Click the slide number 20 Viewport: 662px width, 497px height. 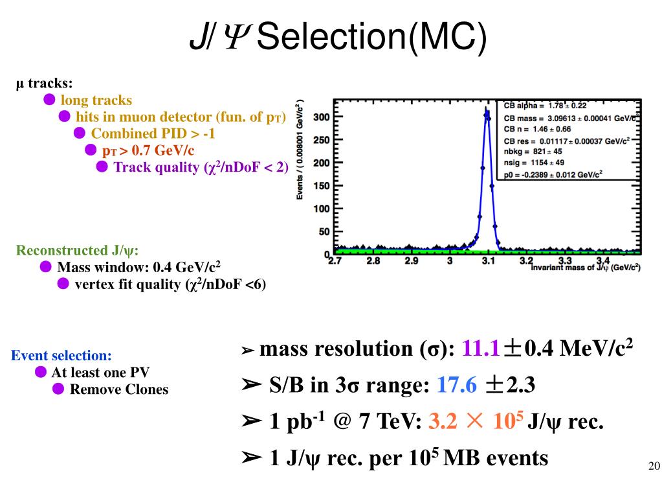[x=653, y=467]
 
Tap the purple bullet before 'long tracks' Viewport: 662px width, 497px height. [x=49, y=100]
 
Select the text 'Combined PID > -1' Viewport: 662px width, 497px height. [x=153, y=133]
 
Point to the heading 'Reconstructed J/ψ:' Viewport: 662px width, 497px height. [x=78, y=251]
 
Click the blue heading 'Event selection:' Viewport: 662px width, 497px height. [x=61, y=356]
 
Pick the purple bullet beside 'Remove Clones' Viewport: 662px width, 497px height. [x=58, y=389]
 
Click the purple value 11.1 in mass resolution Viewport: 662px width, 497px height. [x=480, y=349]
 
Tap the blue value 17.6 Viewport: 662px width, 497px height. [x=457, y=386]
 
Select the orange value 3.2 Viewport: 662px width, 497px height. [x=443, y=422]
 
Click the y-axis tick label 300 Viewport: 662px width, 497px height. [x=322, y=117]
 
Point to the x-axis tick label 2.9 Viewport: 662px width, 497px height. [x=412, y=261]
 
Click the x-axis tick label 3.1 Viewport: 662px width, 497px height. [x=489, y=261]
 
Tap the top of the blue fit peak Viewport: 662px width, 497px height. [x=487, y=111]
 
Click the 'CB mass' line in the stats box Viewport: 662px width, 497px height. [x=569, y=117]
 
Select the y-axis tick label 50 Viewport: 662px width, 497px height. [x=324, y=232]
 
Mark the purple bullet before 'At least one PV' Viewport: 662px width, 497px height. [x=41, y=372]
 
